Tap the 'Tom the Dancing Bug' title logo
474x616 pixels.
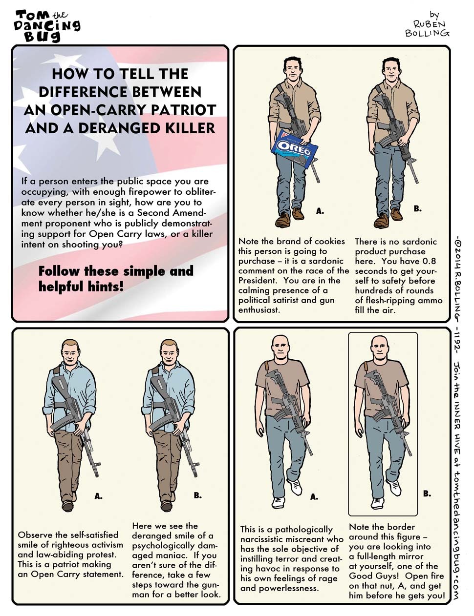(48, 26)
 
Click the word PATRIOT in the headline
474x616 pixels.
(184, 110)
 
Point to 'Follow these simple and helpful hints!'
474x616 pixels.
(116, 279)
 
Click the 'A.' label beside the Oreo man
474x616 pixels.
(320, 211)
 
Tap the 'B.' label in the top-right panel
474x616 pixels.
(417, 209)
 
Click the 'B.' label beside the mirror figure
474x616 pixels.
(427, 493)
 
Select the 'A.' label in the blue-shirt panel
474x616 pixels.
(98, 496)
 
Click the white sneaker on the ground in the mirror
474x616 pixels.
(377, 503)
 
